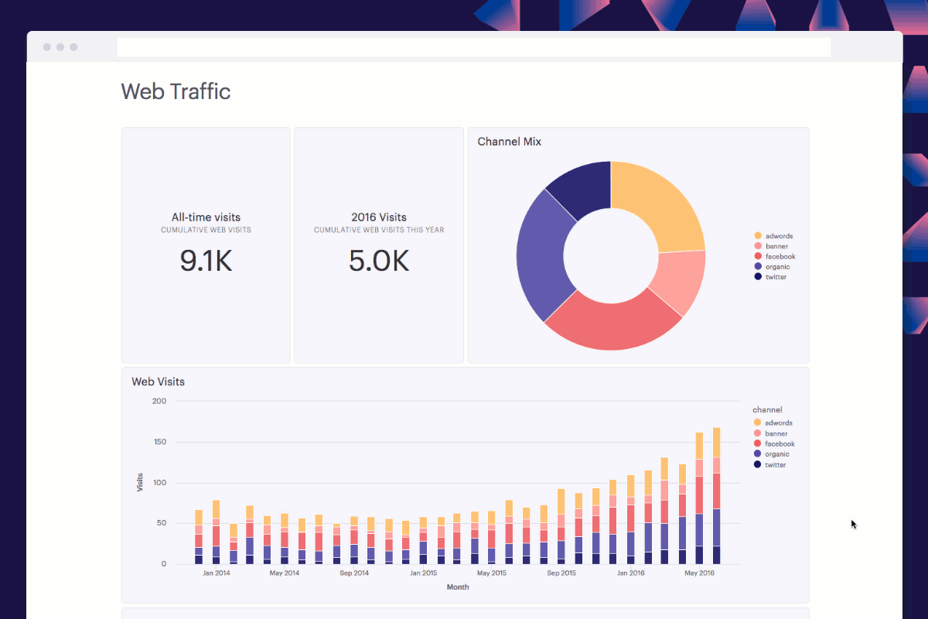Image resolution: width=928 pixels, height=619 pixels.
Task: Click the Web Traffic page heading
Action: pos(176,91)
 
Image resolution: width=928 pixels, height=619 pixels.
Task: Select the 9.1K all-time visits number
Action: pos(206,262)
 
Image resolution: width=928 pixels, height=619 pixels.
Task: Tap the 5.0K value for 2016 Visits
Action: pos(379,262)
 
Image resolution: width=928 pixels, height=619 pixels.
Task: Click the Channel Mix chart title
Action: pos(510,142)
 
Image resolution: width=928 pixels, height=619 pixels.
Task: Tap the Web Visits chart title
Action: pos(158,381)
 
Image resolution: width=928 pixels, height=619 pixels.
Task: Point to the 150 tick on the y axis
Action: pos(159,442)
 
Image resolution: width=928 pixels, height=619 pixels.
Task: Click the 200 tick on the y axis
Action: pos(159,401)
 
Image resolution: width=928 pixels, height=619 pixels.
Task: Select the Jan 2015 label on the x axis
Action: pos(423,573)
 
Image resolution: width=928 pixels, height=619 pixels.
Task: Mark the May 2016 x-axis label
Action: pos(699,573)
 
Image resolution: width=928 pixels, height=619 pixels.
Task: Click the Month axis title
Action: pos(458,587)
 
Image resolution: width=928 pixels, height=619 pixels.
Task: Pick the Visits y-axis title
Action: pos(140,483)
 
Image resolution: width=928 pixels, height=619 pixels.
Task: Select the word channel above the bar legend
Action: pos(767,409)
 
